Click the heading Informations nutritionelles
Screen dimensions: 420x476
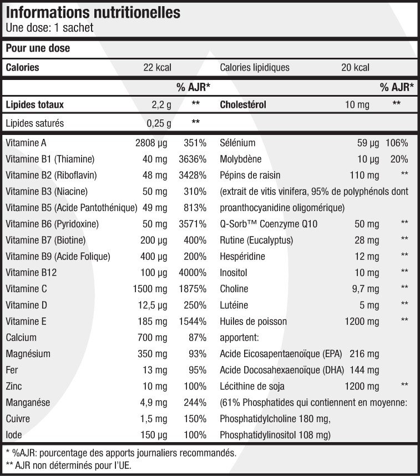coord(93,12)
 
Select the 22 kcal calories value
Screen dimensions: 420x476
coord(157,67)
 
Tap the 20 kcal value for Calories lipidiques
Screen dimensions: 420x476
coord(355,67)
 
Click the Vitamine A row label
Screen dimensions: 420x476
coord(26,143)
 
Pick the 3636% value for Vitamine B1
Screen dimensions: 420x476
coord(193,159)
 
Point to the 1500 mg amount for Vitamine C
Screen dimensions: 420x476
coord(150,289)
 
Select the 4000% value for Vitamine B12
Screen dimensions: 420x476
coord(193,273)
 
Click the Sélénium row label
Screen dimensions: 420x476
coord(237,143)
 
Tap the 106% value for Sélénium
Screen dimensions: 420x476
coord(397,143)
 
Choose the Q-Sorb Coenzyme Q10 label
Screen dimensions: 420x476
coord(269,224)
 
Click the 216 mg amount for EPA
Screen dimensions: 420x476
coord(364,354)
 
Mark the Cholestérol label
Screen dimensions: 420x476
coord(243,105)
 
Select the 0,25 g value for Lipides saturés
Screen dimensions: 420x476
coord(159,123)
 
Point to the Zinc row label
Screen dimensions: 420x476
coord(14,386)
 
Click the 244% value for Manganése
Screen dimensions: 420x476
coord(195,403)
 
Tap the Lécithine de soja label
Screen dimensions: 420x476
coord(252,386)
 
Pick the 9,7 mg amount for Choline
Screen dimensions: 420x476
coord(366,289)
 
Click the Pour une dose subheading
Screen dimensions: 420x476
coord(38,48)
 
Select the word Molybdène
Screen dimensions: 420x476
coord(240,159)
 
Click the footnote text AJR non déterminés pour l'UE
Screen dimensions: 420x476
coord(73,465)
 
